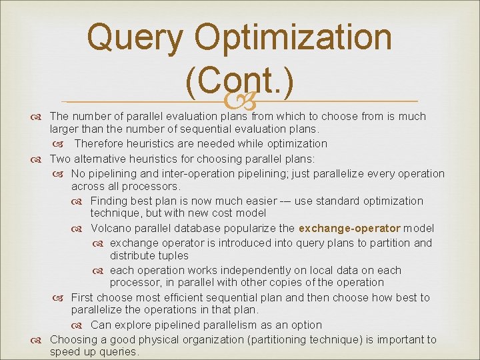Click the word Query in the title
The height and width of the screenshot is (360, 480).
(135, 37)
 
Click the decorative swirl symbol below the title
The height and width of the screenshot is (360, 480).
(240, 101)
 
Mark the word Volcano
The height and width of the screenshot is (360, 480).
(112, 228)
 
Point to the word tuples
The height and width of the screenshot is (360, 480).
(173, 255)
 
